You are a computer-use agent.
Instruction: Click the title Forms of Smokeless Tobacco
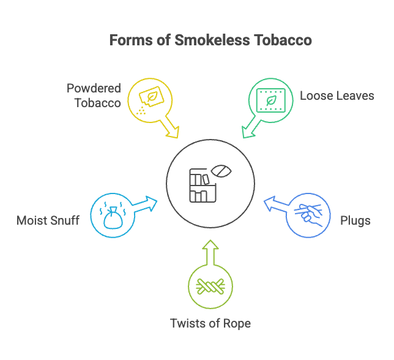[x=210, y=40]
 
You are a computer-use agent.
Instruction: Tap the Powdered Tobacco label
[x=94, y=95]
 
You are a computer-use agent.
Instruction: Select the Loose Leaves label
[x=336, y=96]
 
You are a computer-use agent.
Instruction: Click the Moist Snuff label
[x=48, y=220]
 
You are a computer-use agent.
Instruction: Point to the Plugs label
[x=355, y=220]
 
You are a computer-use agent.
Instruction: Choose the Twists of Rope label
[x=210, y=323]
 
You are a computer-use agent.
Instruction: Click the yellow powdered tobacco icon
[x=149, y=98]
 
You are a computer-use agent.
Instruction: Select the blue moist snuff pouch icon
[x=113, y=216]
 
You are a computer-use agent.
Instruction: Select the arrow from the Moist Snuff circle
[x=144, y=204]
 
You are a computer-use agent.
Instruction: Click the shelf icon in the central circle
[x=200, y=184]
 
